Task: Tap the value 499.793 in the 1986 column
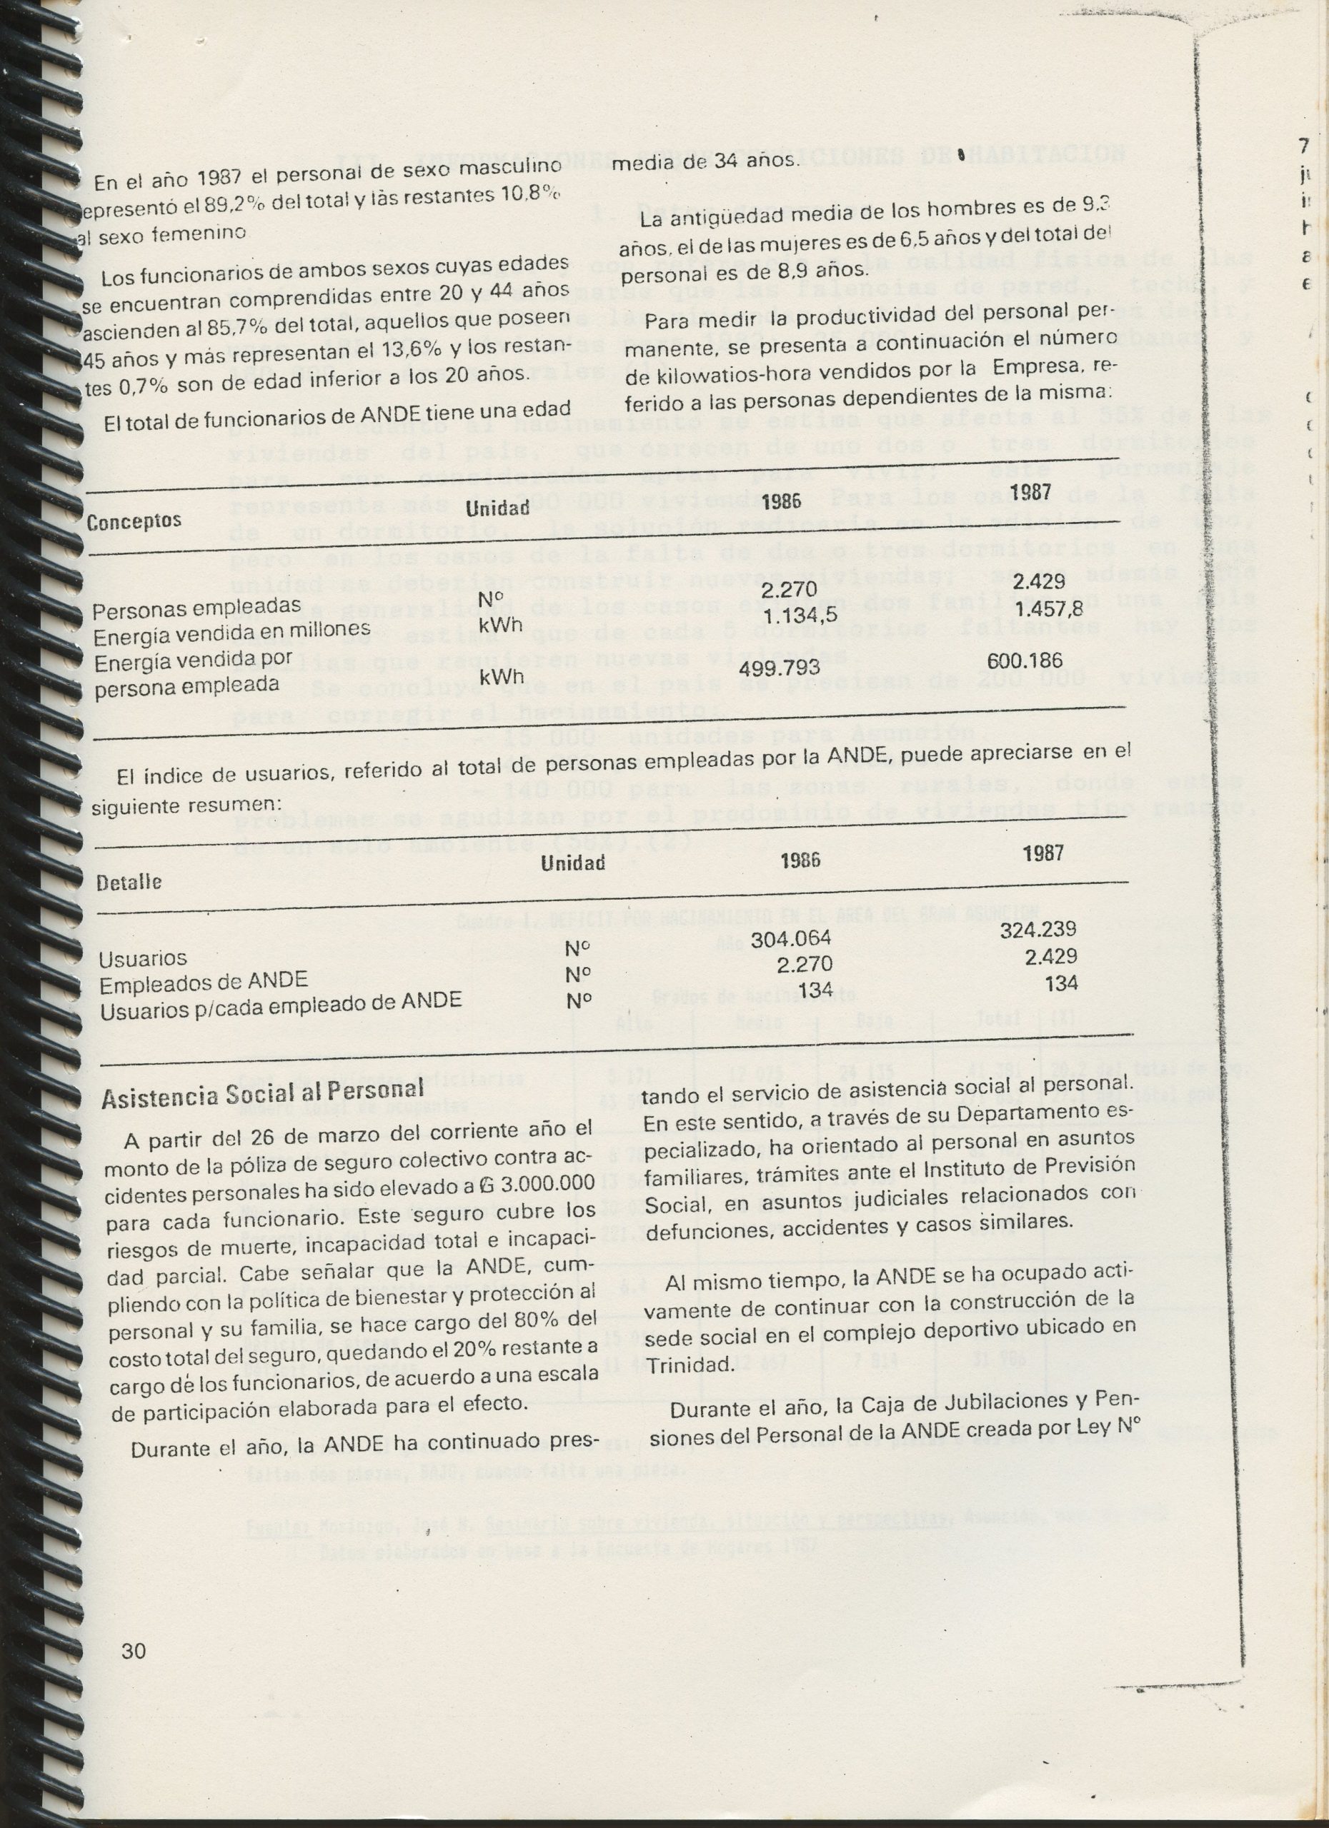[779, 668]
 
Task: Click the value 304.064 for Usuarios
[790, 939]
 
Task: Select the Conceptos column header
[134, 521]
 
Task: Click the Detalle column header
[129, 881]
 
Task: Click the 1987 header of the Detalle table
[1043, 854]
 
